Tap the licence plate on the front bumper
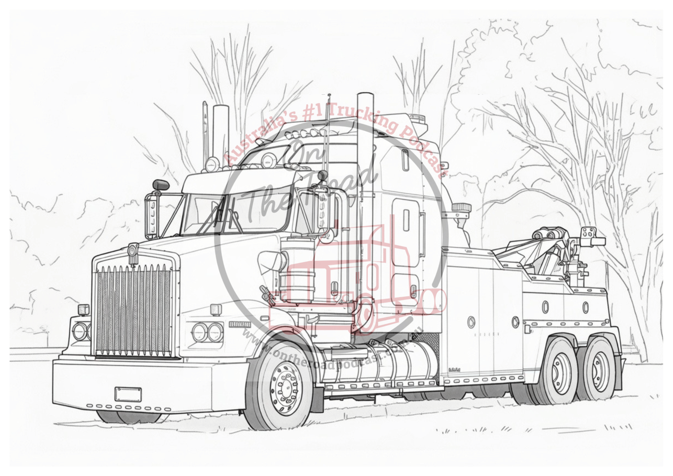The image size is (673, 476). point(128,394)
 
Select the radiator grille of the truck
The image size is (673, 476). point(133,310)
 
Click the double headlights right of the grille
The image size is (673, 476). point(208,332)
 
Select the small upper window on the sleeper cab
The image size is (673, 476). point(405,160)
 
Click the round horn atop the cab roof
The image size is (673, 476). point(268,160)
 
